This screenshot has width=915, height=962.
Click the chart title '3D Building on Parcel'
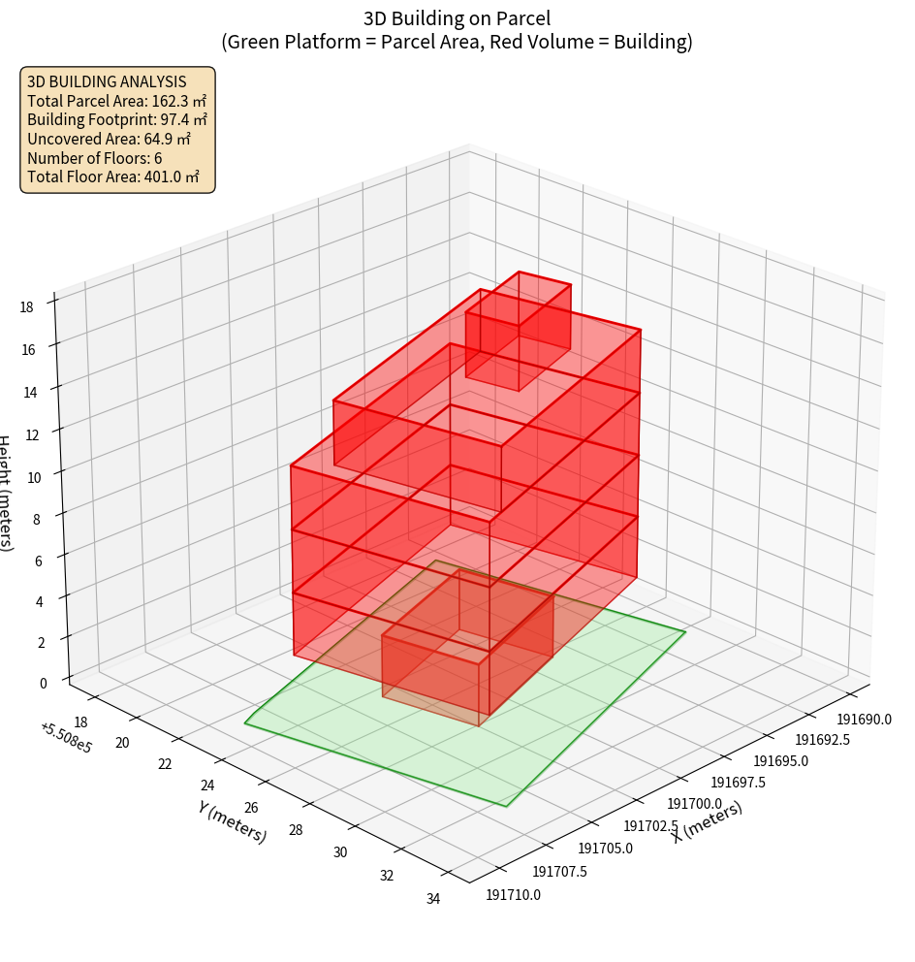pyautogui.click(x=457, y=18)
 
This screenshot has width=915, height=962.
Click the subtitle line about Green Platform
pyautogui.click(x=457, y=42)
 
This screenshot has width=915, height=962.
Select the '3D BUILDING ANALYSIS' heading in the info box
pyautogui.click(x=107, y=81)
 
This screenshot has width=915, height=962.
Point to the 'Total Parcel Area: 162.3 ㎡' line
pyautogui.click(x=116, y=101)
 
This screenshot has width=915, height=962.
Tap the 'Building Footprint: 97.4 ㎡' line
pyautogui.click(x=117, y=119)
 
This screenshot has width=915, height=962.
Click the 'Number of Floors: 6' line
pyautogui.click(x=95, y=158)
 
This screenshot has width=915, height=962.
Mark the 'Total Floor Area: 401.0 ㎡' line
pyautogui.click(x=113, y=176)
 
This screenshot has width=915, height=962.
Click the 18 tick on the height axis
pyautogui.click(x=27, y=307)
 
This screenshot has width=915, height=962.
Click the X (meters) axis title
pyautogui.click(x=709, y=821)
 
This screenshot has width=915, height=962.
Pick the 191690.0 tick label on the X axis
pyautogui.click(x=864, y=720)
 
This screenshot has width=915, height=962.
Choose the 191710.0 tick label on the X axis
pyautogui.click(x=514, y=894)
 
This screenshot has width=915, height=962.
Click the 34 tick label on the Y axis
pyautogui.click(x=432, y=899)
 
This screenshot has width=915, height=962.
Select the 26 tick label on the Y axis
pyautogui.click(x=252, y=808)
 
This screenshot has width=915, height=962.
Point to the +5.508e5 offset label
pyautogui.click(x=66, y=738)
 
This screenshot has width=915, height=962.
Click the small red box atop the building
pyautogui.click(x=518, y=330)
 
